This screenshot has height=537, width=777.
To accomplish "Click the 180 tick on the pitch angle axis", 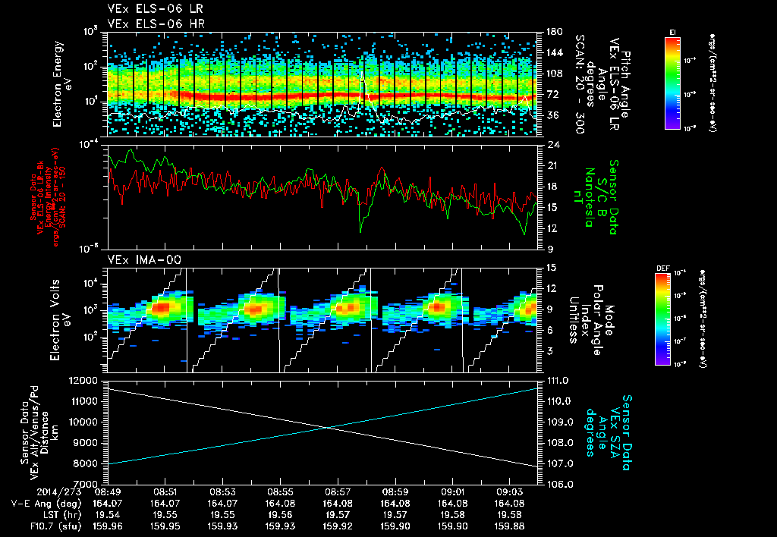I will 553,32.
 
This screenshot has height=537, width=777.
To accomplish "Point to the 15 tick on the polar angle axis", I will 550,267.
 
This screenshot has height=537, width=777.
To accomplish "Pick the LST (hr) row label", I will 33,514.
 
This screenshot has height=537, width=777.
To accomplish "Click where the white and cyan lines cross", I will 328,428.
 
